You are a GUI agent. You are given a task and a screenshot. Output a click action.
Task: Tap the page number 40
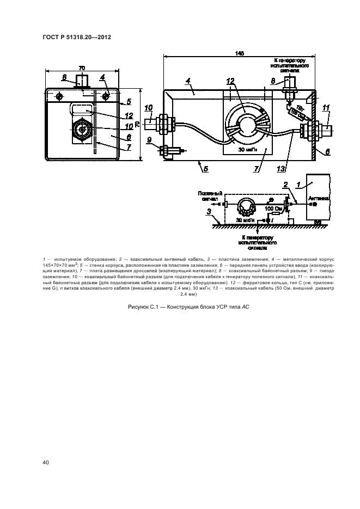coord(46,463)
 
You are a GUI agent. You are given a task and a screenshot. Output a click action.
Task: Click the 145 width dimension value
coord(240,53)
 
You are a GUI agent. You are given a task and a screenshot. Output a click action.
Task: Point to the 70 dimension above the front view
coord(82,68)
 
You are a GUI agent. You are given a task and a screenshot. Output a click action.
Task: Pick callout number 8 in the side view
coord(272,81)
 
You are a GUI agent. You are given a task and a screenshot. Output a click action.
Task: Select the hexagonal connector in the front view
coord(82,131)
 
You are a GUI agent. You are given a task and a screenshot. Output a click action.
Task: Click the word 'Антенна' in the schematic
coord(318,199)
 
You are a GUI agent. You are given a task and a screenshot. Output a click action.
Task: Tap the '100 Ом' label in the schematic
coord(272,209)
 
